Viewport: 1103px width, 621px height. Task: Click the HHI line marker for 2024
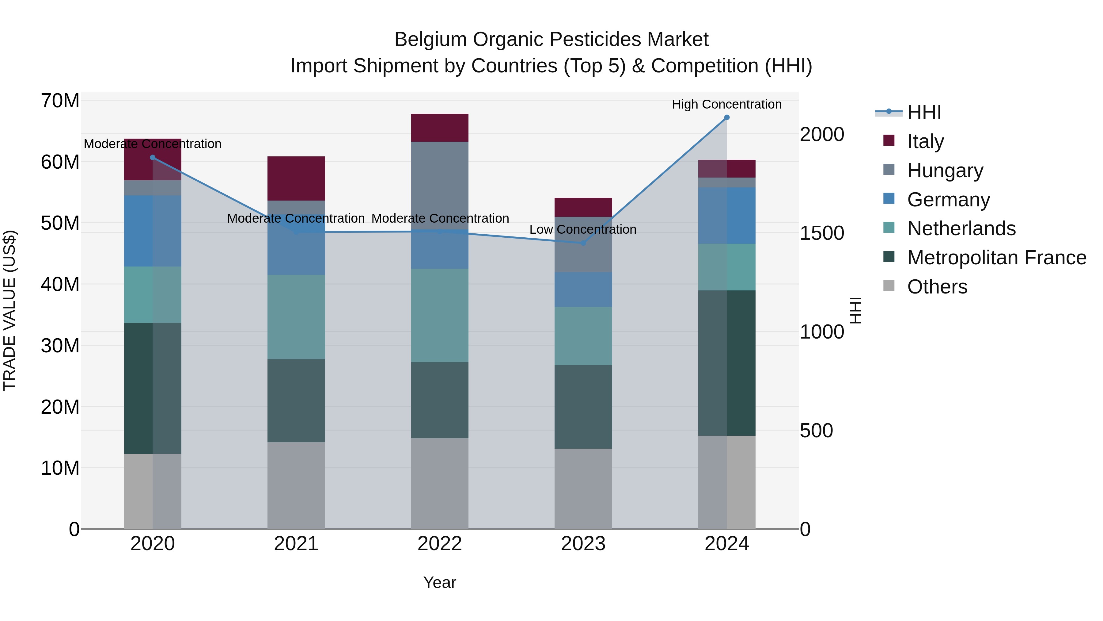coord(727,117)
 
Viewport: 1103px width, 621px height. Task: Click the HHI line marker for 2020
coord(153,157)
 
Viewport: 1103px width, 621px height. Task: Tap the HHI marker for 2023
coord(583,243)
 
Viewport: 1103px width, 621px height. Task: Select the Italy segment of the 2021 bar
coord(296,178)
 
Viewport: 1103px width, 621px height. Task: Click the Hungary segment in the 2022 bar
coord(439,184)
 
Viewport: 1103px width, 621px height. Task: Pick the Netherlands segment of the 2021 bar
coord(296,317)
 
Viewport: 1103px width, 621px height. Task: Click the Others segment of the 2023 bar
coord(583,489)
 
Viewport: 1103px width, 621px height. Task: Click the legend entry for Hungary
coord(945,171)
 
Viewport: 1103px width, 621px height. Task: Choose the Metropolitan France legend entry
coord(996,258)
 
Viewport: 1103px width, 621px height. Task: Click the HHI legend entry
coord(923,112)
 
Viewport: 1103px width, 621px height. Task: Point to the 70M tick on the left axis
coord(60,101)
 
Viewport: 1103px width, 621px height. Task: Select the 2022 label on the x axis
coord(439,544)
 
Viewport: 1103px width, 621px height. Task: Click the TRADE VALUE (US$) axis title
coord(10,310)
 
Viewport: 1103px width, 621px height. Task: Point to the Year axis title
coord(439,582)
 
